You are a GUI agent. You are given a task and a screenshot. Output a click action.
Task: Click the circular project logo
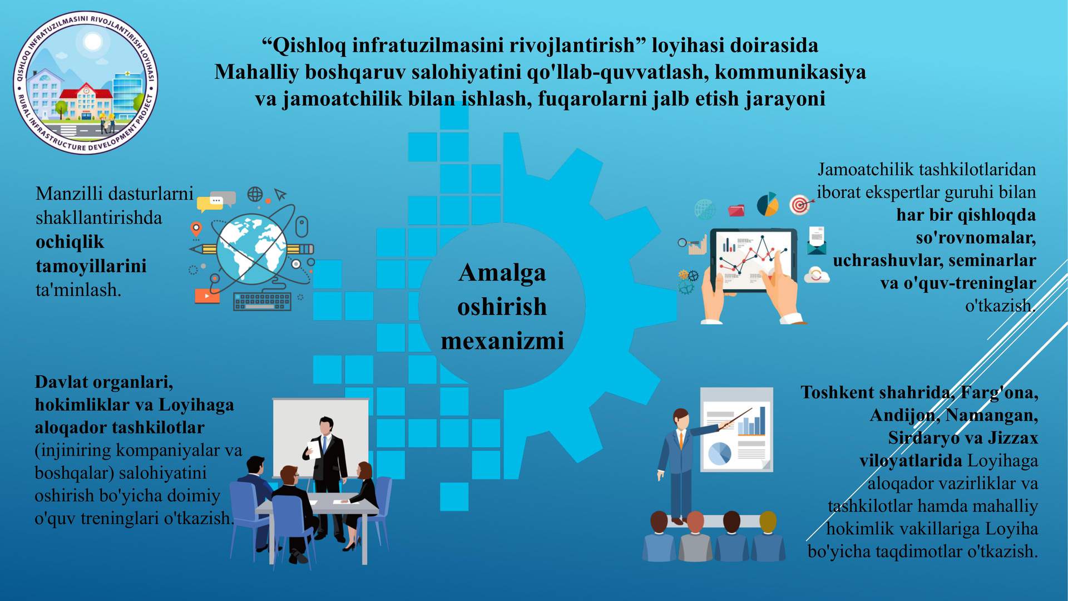point(86,82)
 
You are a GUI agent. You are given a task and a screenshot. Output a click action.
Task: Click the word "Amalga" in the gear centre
point(502,273)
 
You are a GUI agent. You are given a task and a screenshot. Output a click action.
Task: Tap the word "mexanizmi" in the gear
point(502,341)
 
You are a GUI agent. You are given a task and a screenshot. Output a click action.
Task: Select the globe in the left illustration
point(251,250)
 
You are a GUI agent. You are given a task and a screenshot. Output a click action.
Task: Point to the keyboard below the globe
point(262,301)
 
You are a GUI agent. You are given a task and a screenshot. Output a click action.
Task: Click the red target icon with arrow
point(801,205)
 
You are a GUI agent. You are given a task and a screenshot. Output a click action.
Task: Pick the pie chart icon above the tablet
point(768,204)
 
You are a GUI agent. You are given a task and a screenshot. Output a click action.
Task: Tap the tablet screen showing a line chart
point(754,260)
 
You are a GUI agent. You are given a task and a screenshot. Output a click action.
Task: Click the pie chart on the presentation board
point(720,453)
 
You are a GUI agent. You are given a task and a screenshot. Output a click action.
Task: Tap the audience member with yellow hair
point(768,537)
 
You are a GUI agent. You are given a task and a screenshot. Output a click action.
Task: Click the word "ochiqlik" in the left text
point(70,242)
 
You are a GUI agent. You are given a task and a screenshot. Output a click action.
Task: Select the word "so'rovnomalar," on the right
point(976,238)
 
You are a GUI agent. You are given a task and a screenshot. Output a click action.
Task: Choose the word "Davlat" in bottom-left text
point(62,382)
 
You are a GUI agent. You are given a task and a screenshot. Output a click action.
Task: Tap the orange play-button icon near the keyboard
point(207,296)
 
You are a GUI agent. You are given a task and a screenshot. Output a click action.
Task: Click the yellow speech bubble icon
point(209,204)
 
